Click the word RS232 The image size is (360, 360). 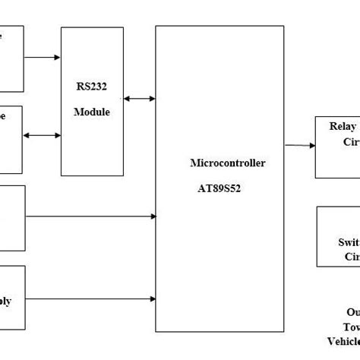pyautogui.click(x=90, y=87)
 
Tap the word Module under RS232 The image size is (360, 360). pyautogui.click(x=91, y=112)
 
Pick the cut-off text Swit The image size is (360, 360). pyautogui.click(x=349, y=243)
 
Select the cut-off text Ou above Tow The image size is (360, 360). pyautogui.click(x=352, y=311)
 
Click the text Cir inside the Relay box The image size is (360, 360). pyautogui.click(x=352, y=142)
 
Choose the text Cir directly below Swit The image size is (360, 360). pyautogui.click(x=352, y=257)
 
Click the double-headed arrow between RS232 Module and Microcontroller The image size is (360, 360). pyautogui.click(x=138, y=98)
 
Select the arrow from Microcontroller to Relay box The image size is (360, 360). pyautogui.click(x=300, y=145)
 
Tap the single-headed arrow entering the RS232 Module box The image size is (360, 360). pyautogui.click(x=43, y=56)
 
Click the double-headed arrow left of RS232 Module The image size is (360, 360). pyautogui.click(x=43, y=136)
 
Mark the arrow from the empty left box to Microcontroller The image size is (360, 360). pyautogui.click(x=90, y=216)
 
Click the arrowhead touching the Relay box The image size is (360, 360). pyautogui.click(x=311, y=145)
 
